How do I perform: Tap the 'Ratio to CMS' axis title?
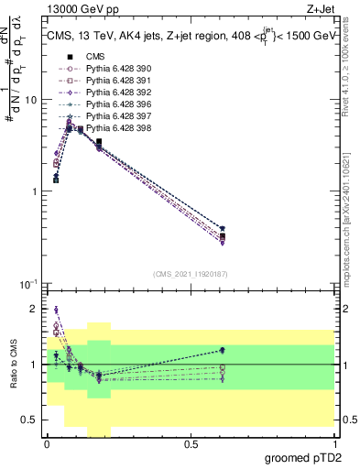pyautogui.click(x=13, y=365)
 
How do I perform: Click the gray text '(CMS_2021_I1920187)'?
pyautogui.click(x=190, y=275)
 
